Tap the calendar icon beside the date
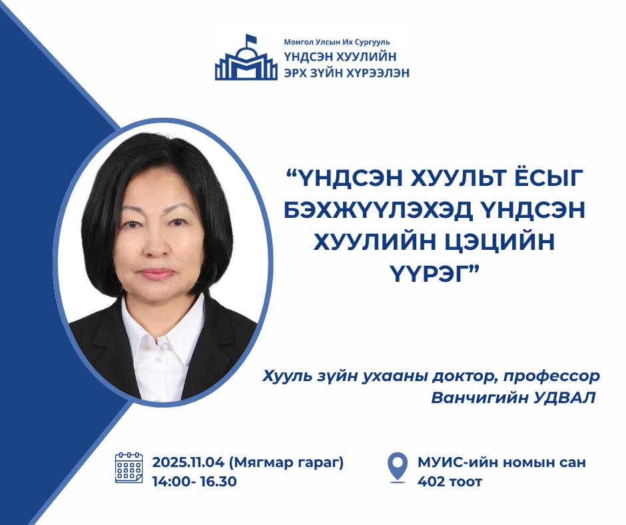[129, 468]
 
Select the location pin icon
[398, 468]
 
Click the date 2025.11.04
[188, 462]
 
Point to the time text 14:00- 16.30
[194, 482]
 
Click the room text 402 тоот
[450, 482]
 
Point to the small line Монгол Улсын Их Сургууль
[337, 42]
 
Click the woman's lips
[157, 273]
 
